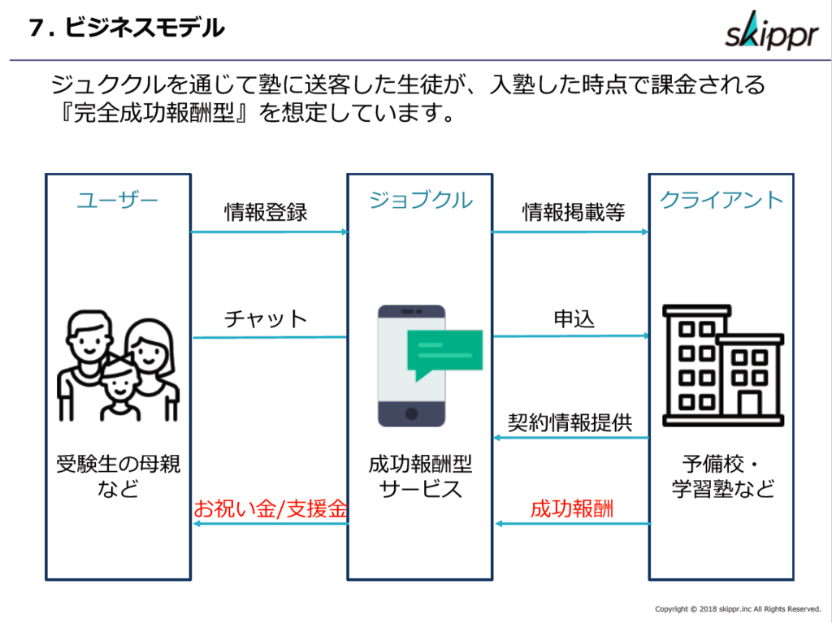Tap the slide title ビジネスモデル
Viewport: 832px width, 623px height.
tap(145, 28)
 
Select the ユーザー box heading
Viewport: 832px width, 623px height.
tap(118, 201)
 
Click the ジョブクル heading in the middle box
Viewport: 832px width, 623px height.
tap(420, 200)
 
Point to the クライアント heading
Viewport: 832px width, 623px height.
tap(721, 200)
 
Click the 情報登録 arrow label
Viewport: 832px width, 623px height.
tap(266, 212)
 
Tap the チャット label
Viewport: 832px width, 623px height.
tap(266, 319)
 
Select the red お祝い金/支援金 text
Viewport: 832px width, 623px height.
tap(271, 508)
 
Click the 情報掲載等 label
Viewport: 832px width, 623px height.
tap(574, 212)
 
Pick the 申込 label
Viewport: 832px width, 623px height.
tap(574, 319)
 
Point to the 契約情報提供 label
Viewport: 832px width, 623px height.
tap(570, 423)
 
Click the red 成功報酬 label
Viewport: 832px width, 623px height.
tap(572, 508)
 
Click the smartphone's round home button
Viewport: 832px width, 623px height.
tap(411, 414)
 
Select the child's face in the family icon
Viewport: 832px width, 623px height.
tap(120, 382)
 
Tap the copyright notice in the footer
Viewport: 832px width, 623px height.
tap(738, 609)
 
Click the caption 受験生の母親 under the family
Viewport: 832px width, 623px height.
tap(119, 464)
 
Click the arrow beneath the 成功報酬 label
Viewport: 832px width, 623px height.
tap(573, 524)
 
